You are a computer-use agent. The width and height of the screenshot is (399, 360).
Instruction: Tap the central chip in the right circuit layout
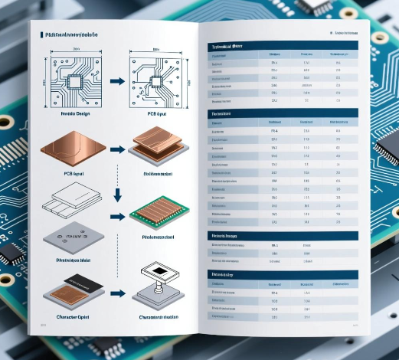coord(155,80)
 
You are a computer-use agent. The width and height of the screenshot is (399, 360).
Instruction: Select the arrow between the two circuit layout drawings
coord(115,80)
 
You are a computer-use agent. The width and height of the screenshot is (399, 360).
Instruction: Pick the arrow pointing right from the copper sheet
coord(115,146)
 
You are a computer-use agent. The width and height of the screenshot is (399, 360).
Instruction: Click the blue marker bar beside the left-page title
coord(41,35)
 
